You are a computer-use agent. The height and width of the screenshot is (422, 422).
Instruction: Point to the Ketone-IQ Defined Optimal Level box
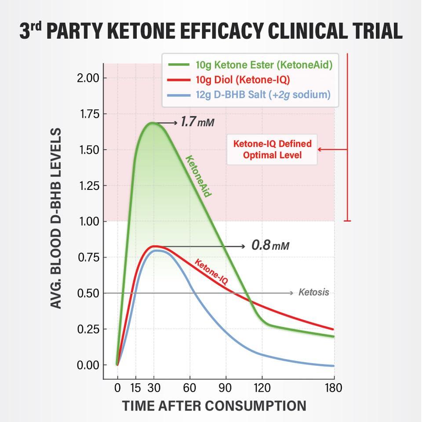click(272, 149)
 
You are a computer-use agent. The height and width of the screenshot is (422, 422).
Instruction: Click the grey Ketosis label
click(313, 292)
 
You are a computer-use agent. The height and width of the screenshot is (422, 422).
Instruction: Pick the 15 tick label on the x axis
click(135, 388)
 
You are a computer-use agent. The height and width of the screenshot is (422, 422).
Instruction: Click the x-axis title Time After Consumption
click(214, 406)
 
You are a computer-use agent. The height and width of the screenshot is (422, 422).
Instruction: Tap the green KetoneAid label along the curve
click(198, 176)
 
